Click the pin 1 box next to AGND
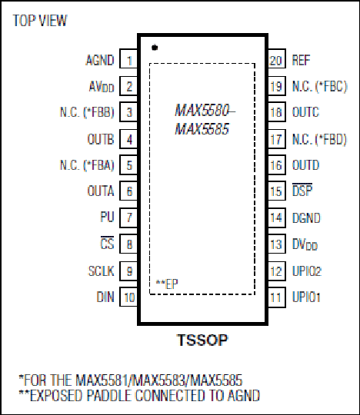[128, 58]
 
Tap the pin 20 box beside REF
[277, 58]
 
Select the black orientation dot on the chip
[155, 48]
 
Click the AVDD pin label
[102, 87]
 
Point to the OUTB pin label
[101, 139]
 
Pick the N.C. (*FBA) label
[87, 165]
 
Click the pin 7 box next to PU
[128, 217]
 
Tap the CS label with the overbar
[107, 243]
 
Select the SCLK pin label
[102, 271]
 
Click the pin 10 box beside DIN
[128, 297]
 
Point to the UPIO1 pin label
[306, 297]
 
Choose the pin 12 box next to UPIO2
[277, 271]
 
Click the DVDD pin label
[305, 244]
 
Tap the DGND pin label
[306, 217]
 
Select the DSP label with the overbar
[302, 190]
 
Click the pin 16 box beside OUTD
[277, 165]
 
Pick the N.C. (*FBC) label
[319, 86]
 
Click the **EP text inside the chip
[167, 284]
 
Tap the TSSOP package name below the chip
[202, 340]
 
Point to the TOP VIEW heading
[40, 21]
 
